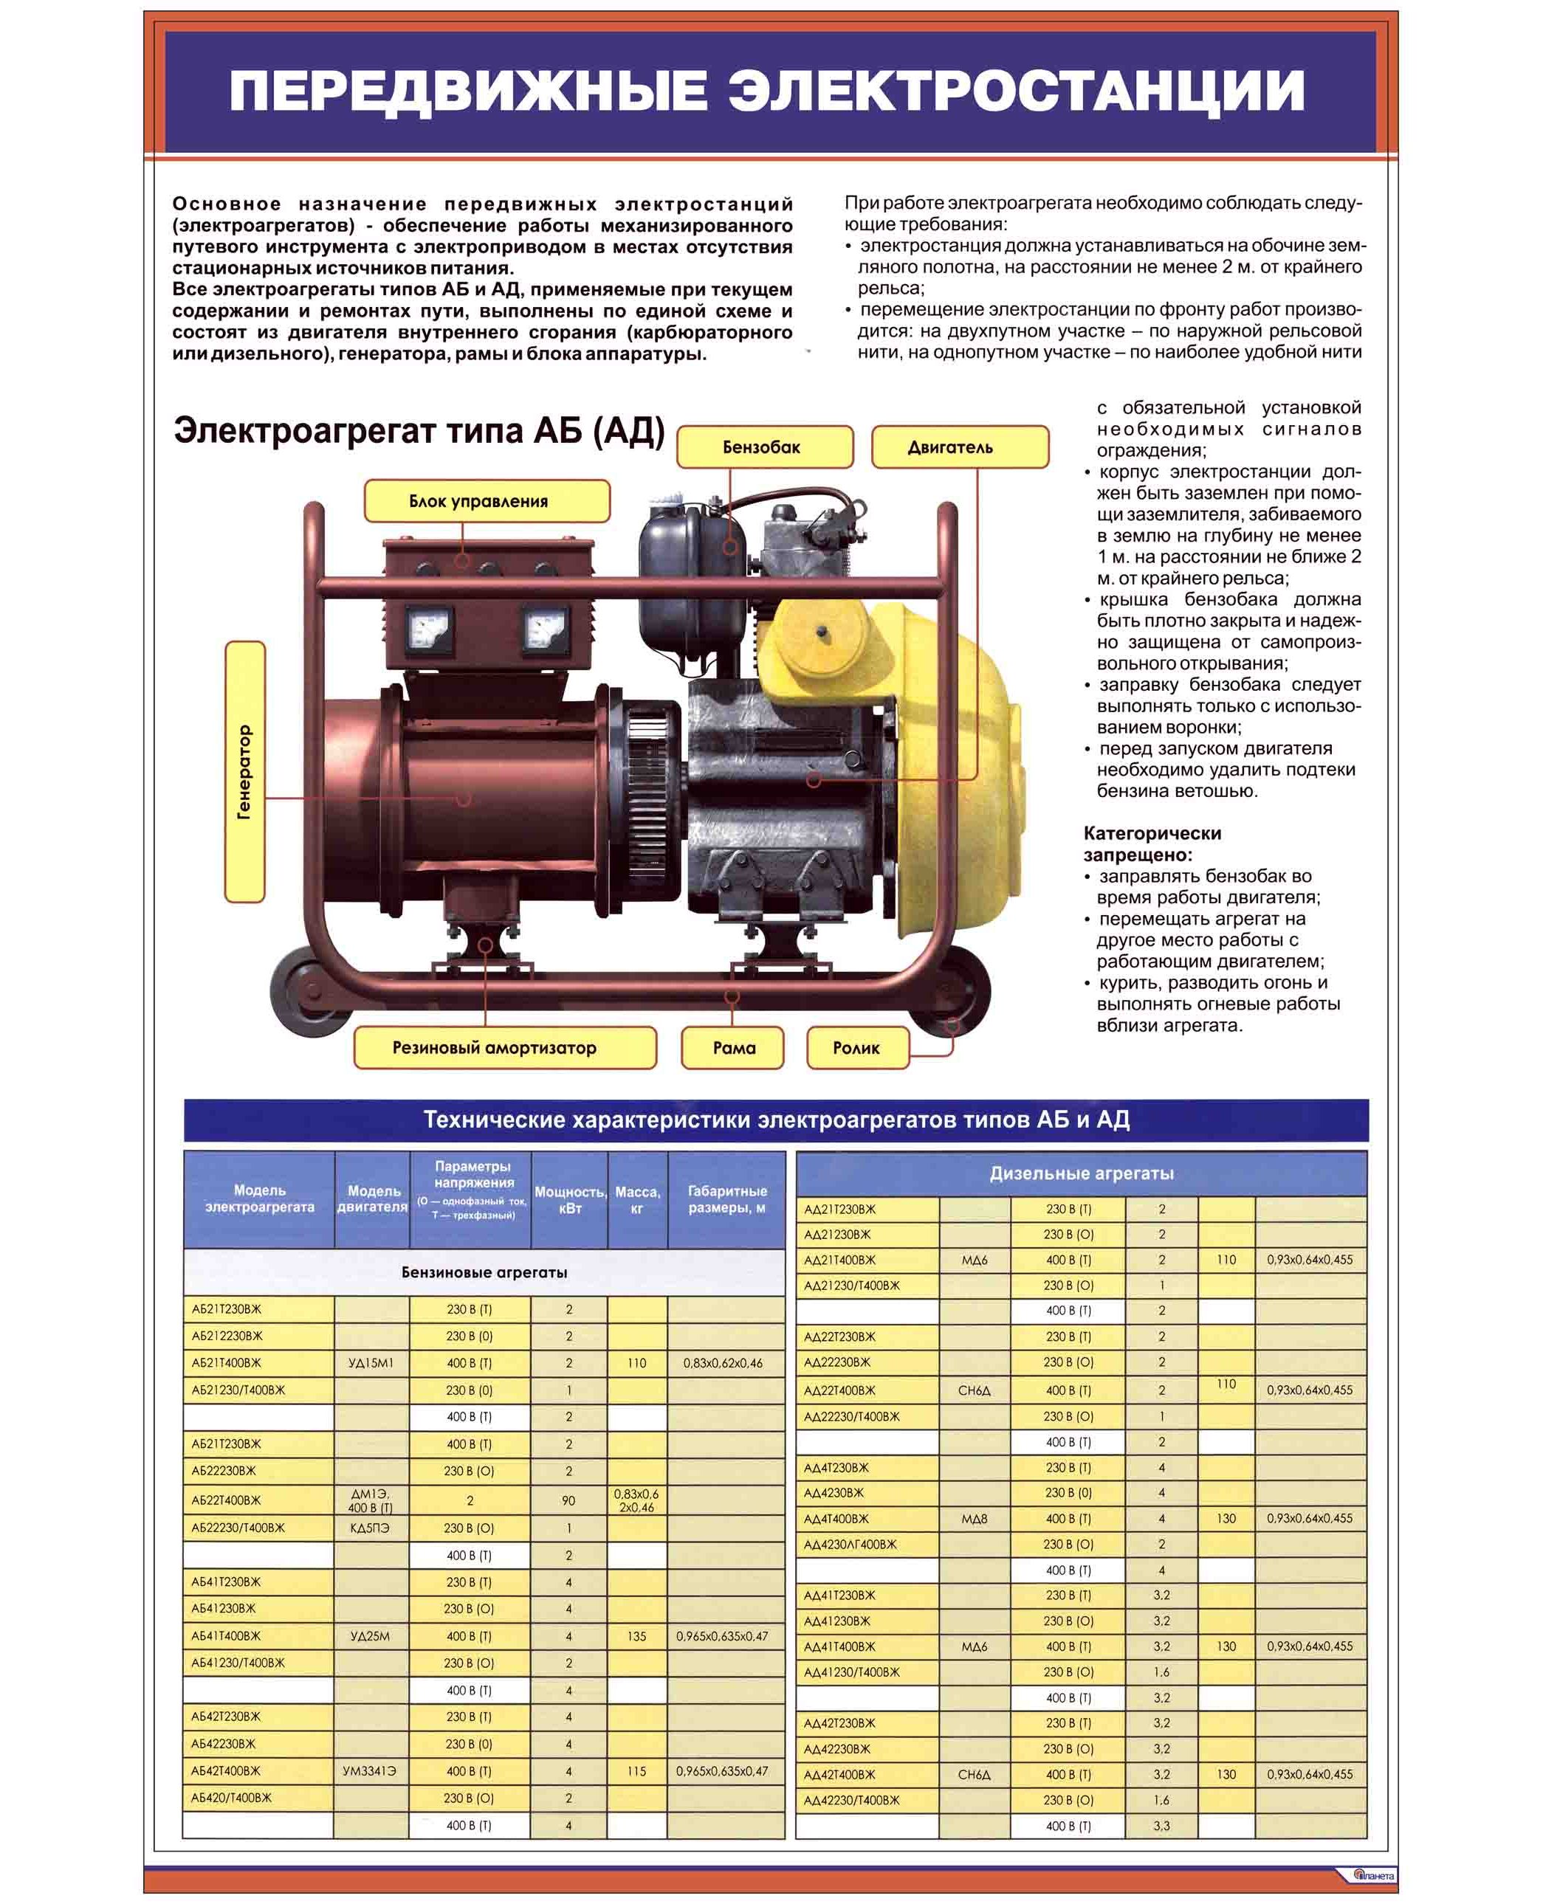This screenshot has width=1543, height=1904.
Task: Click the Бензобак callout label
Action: (763, 447)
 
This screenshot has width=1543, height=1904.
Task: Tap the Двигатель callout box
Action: (959, 447)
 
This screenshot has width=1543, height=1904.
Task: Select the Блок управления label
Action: (487, 501)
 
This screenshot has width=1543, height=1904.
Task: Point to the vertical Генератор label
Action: (244, 771)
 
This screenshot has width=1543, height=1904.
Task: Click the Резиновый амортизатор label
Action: (504, 1047)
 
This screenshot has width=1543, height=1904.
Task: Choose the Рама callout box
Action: (732, 1047)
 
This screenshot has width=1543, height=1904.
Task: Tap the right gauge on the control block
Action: (544, 630)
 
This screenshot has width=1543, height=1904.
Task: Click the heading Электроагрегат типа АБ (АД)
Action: (419, 430)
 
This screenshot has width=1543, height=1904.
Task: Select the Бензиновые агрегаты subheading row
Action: (484, 1272)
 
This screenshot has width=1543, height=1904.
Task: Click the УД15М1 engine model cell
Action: (371, 1363)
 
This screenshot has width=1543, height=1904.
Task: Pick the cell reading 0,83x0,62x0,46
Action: (723, 1363)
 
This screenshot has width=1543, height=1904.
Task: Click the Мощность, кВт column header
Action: (570, 1199)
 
